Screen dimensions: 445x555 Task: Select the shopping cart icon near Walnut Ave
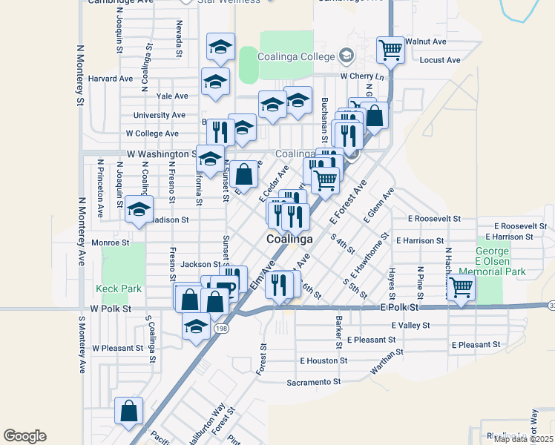pos(390,50)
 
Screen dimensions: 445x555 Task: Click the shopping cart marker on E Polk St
pos(462,287)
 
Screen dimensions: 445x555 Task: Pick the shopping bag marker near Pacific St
pos(129,411)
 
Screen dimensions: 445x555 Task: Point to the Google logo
pos(24,436)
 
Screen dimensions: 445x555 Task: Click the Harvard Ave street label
pos(110,79)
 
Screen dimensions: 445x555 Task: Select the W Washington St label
pos(160,154)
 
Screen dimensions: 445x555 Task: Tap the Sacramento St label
pos(313,383)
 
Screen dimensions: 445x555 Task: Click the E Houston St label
pos(324,360)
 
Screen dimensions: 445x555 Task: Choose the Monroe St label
pos(110,243)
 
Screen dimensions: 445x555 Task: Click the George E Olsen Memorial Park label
pos(501,262)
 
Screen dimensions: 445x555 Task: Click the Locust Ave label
pos(440,60)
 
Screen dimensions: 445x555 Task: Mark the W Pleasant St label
pos(117,348)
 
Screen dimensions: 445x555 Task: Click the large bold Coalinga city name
pos(289,240)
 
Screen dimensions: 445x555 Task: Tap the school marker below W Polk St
pos(195,326)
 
